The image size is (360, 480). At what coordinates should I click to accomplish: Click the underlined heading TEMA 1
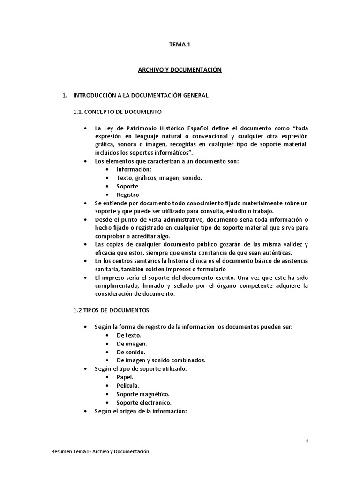180,45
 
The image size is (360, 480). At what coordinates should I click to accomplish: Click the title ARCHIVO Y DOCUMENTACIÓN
180,70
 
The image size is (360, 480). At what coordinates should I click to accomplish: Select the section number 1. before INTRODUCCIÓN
65,95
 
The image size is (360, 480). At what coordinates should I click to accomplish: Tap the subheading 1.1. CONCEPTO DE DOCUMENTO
117,112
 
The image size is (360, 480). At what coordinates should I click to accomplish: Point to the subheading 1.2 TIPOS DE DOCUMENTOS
111,310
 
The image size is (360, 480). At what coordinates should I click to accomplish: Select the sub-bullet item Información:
134,169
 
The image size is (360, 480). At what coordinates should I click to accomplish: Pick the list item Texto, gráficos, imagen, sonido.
159,178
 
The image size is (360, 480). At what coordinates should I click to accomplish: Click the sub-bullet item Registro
127,195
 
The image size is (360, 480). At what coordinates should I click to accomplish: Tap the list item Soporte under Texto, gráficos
127,186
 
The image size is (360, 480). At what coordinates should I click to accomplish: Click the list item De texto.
129,335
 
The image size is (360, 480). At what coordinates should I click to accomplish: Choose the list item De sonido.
131,352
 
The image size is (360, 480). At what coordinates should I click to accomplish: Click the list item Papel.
125,377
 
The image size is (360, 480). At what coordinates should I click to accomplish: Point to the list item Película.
127,386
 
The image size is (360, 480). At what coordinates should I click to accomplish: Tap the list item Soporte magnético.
143,394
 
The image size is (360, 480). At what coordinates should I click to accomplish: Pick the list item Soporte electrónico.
144,403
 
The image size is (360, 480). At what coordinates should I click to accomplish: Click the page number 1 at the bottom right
307,441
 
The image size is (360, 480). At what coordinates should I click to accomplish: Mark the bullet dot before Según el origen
85,411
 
